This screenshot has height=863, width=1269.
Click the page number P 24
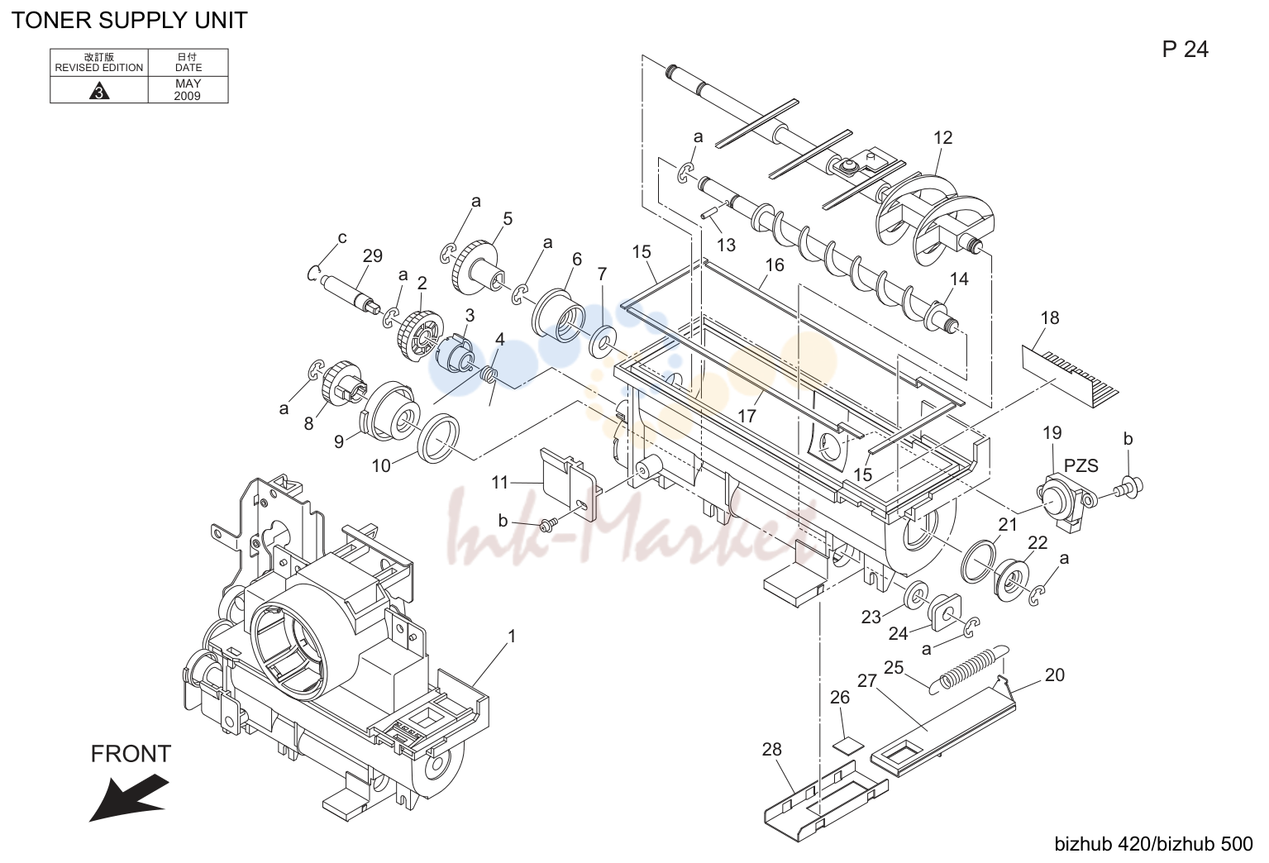click(1186, 50)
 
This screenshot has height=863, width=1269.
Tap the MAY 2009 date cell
click(188, 89)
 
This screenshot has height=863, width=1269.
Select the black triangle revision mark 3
click(99, 91)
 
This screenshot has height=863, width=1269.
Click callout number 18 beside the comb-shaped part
click(1050, 317)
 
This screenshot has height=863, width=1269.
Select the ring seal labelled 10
click(438, 438)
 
